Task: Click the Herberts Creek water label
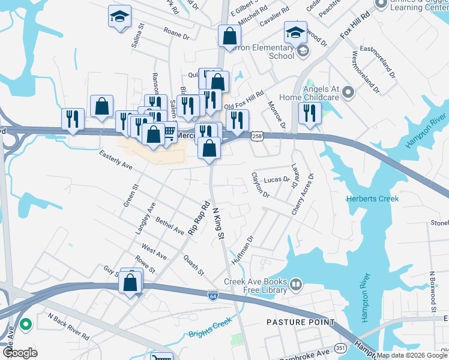[x=372, y=199]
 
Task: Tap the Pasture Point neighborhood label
[x=300, y=322]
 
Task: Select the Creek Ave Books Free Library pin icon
[x=295, y=283]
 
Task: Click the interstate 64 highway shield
[x=213, y=295]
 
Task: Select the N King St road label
[x=218, y=223]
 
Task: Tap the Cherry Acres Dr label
[x=303, y=194]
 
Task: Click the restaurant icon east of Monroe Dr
[x=309, y=114]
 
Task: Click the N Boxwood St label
[x=431, y=292]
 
